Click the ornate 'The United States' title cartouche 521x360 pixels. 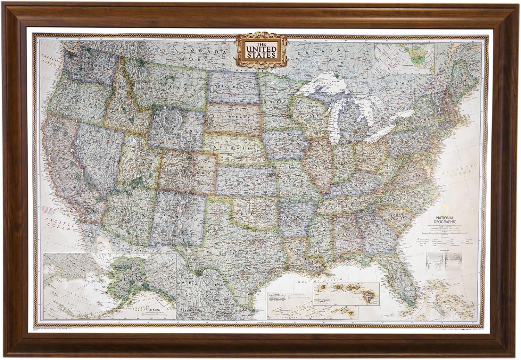[x=262, y=50]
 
